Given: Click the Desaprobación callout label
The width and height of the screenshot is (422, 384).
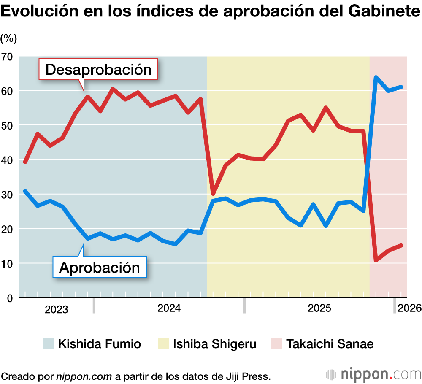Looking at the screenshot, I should [98, 69].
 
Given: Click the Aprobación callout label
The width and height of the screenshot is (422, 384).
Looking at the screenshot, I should [99, 267].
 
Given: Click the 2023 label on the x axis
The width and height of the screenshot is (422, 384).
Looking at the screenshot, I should [56, 309].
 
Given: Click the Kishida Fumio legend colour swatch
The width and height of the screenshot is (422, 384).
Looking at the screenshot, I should [49, 343].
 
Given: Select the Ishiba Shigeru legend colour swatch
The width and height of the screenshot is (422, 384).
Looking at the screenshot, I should [163, 343].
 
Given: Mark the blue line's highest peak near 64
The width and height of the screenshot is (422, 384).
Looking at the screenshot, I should [376, 77].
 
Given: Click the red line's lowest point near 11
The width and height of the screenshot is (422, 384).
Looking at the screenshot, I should [376, 260].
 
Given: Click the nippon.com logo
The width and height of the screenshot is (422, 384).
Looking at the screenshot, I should [373, 374].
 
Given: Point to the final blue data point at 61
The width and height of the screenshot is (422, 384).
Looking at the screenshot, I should [401, 87].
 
